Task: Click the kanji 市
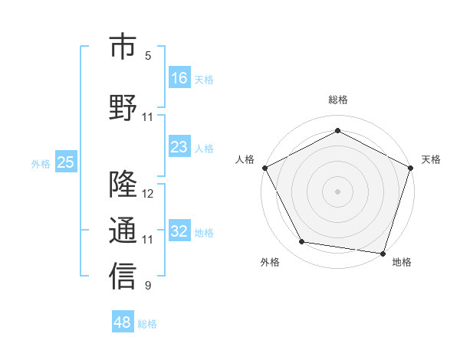pyautogui.click(x=122, y=48)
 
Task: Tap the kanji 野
pyautogui.click(x=122, y=107)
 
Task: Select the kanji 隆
pyautogui.click(x=122, y=185)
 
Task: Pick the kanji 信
pyautogui.click(x=122, y=277)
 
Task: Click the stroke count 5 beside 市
pyautogui.click(x=148, y=56)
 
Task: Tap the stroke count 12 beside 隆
pyautogui.click(x=148, y=193)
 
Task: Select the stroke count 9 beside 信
pyautogui.click(x=148, y=286)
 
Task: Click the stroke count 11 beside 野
pyautogui.click(x=148, y=117)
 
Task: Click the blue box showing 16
pyautogui.click(x=179, y=77)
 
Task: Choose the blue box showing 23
pyautogui.click(x=179, y=147)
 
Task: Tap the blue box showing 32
pyautogui.click(x=179, y=231)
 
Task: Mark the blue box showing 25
pyautogui.click(x=65, y=162)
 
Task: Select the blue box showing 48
pyautogui.click(x=122, y=322)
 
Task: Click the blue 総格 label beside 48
pyautogui.click(x=147, y=324)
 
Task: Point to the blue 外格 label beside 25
pyautogui.click(x=41, y=163)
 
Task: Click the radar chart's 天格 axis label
pyautogui.click(x=431, y=159)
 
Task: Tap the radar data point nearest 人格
pyautogui.click(x=264, y=168)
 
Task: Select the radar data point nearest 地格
pyautogui.click(x=383, y=253)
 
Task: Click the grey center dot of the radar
pyautogui.click(x=337, y=191)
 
